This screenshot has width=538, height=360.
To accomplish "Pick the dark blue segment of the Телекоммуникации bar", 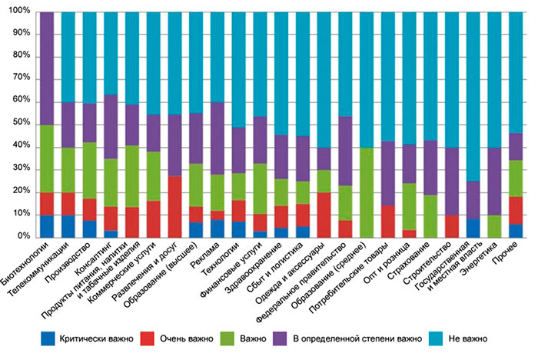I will click(69, 225).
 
